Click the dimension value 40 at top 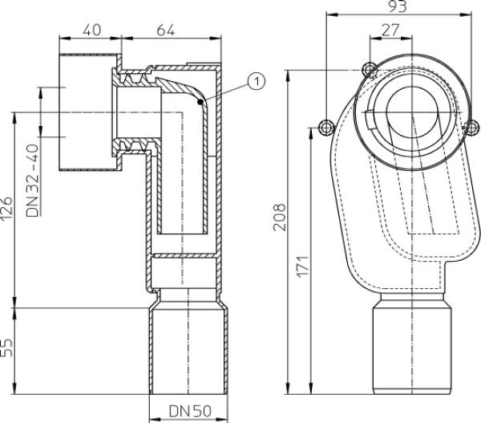pyautogui.click(x=91, y=31)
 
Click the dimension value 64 pyautogui.click(x=166, y=31)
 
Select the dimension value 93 pyautogui.click(x=398, y=6)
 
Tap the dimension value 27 pyautogui.click(x=390, y=31)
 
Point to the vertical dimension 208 pyautogui.click(x=280, y=217)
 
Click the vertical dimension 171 pyautogui.click(x=303, y=266)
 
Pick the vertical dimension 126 pyautogui.click(x=6, y=209)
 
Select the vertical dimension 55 pyautogui.click(x=6, y=348)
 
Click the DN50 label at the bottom pyautogui.click(x=190, y=411)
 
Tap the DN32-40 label pyautogui.click(x=33, y=181)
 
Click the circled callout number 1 pyautogui.click(x=257, y=81)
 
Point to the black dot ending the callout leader pyautogui.click(x=200, y=102)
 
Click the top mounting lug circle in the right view pyautogui.click(x=370, y=69)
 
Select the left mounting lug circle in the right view pyautogui.click(x=325, y=127)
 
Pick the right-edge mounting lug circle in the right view pyautogui.click(x=471, y=128)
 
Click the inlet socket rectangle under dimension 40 pyautogui.click(x=89, y=112)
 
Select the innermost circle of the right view pyautogui.click(x=413, y=112)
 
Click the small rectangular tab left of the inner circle pyautogui.click(x=370, y=120)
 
